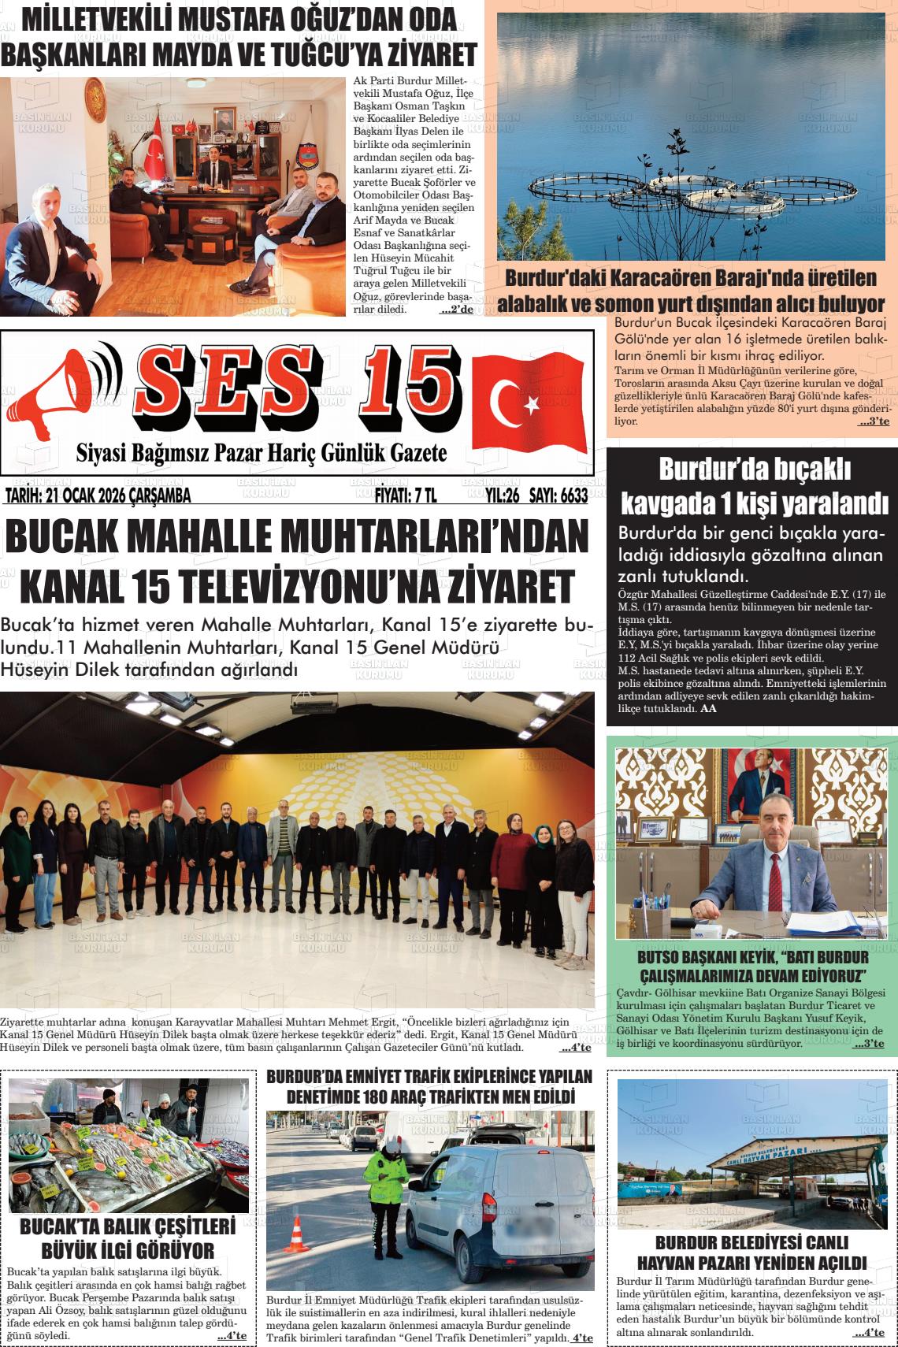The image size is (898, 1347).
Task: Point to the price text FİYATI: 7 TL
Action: (406, 495)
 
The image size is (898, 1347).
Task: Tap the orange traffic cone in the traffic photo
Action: (297, 1234)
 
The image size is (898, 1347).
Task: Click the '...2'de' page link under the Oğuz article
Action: (456, 310)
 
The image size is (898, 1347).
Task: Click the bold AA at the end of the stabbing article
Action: (708, 708)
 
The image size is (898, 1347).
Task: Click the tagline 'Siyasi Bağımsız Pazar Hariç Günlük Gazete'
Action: (262, 454)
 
